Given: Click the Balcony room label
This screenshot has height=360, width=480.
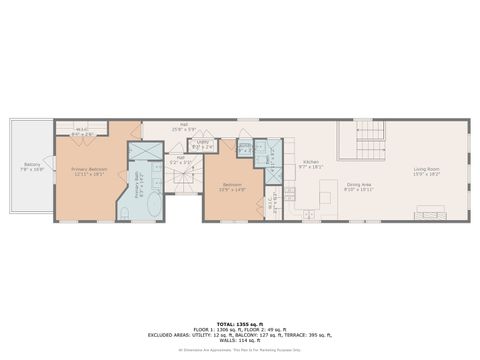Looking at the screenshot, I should (32, 167).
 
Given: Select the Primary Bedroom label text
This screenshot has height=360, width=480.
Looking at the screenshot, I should (89, 171).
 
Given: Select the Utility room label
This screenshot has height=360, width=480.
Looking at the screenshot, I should (203, 145).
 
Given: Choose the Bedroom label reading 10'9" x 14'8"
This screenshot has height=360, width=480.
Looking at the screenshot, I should (231, 187).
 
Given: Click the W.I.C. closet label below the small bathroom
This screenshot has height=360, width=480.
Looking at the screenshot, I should (271, 209).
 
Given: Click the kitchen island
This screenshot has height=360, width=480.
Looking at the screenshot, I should (325, 196).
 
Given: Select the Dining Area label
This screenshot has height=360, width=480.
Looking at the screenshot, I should (358, 187).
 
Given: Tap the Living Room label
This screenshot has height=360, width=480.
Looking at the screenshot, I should (426, 171).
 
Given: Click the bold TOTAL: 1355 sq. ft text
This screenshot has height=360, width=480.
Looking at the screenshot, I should (239, 324).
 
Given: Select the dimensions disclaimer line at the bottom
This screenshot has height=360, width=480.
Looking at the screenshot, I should (239, 350).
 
